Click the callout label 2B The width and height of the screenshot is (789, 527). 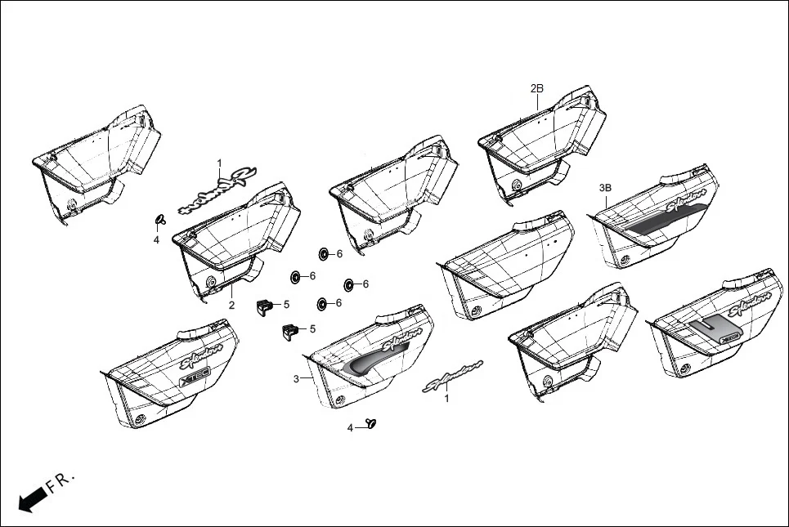coord(536,88)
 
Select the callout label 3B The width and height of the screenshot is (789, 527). coord(605,188)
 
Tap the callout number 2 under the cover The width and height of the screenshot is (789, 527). coord(231,306)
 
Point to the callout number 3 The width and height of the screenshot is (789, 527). coord(296,379)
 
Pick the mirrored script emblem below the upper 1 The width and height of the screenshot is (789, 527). coord(217,189)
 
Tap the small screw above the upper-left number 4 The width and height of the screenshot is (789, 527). coord(159,218)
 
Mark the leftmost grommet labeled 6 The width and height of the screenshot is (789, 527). coord(294,277)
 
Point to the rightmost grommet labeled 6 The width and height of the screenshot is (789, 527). coord(349,284)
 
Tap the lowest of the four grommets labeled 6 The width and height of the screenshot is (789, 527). coord(321,304)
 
